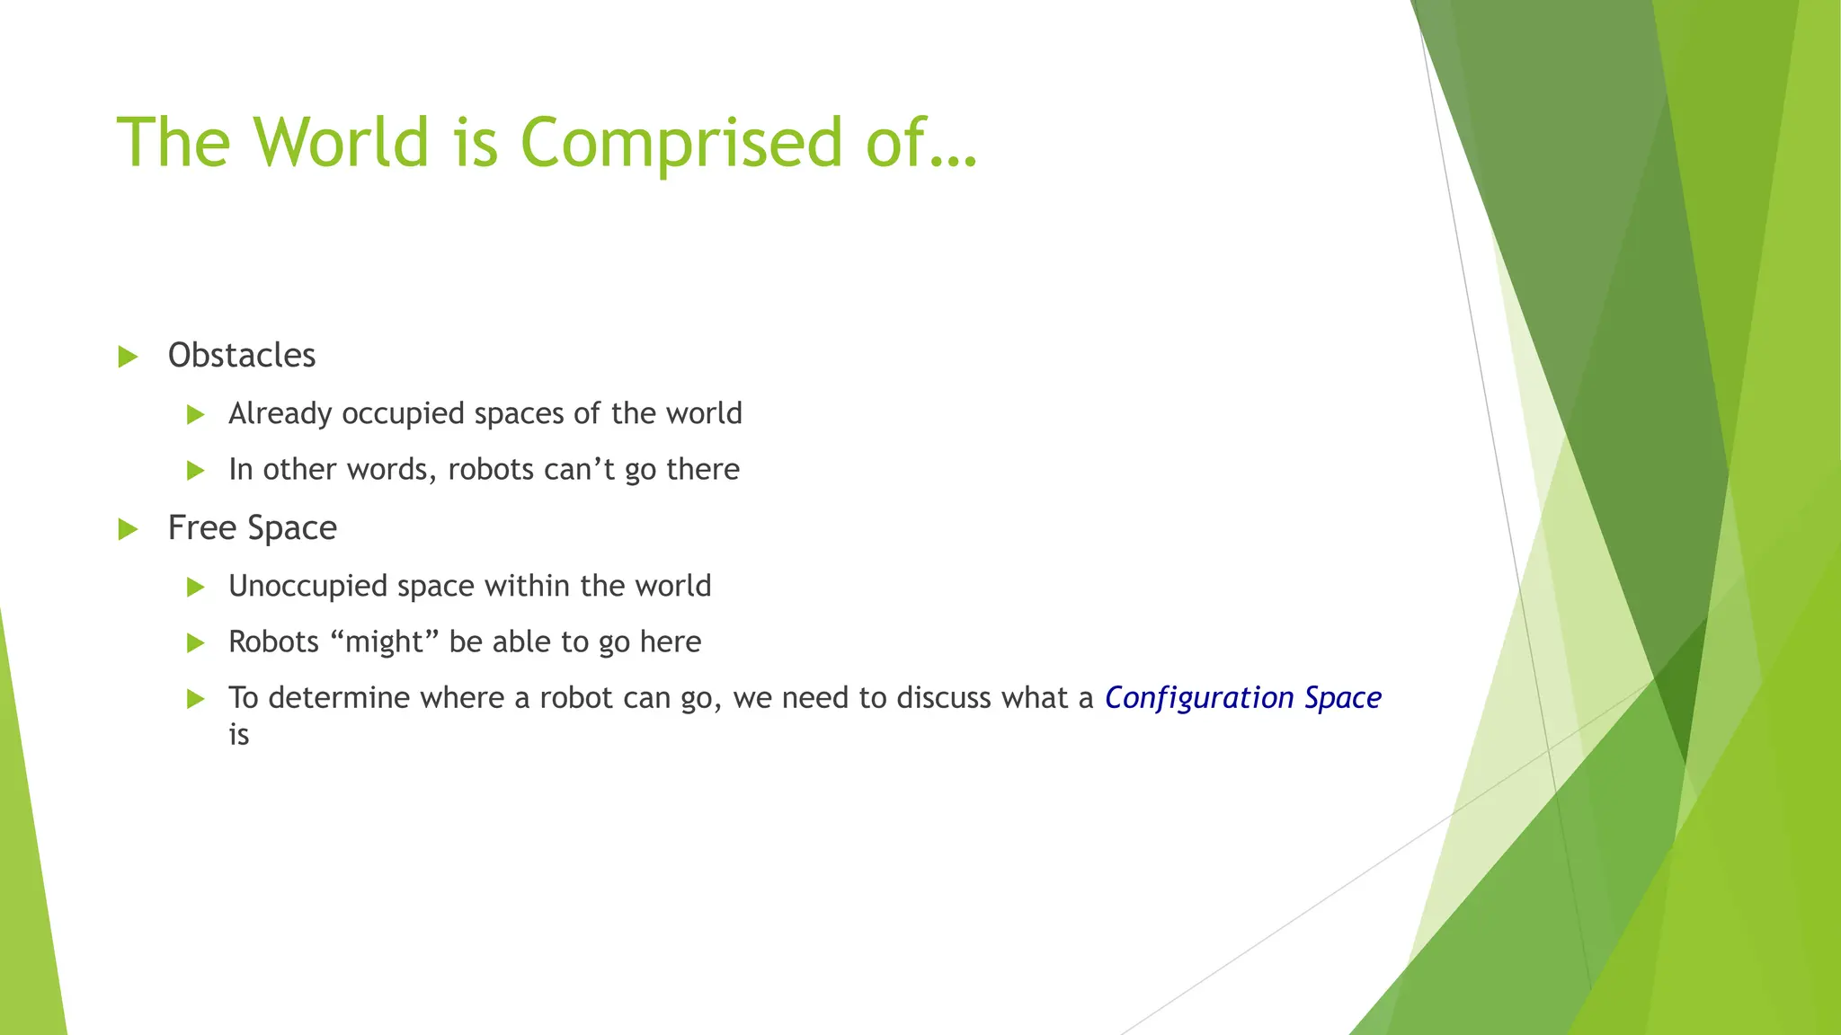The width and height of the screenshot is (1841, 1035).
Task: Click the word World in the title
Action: click(341, 142)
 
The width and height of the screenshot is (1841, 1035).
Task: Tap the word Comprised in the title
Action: click(680, 144)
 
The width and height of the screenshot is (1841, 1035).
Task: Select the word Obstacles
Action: click(242, 356)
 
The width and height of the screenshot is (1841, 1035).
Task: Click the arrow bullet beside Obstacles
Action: click(129, 357)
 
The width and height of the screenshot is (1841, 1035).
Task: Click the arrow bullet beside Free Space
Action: click(129, 529)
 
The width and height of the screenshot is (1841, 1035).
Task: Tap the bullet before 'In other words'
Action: click(196, 470)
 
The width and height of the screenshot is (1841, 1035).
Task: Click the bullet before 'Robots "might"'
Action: click(196, 643)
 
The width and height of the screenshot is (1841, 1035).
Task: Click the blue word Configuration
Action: click(1199, 698)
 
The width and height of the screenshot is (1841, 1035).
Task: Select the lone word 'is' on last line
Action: click(238, 736)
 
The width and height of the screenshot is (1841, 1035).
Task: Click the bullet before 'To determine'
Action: click(196, 699)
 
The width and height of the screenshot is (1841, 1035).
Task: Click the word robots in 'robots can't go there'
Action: click(490, 470)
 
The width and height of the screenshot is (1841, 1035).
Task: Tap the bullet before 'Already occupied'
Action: click(196, 415)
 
